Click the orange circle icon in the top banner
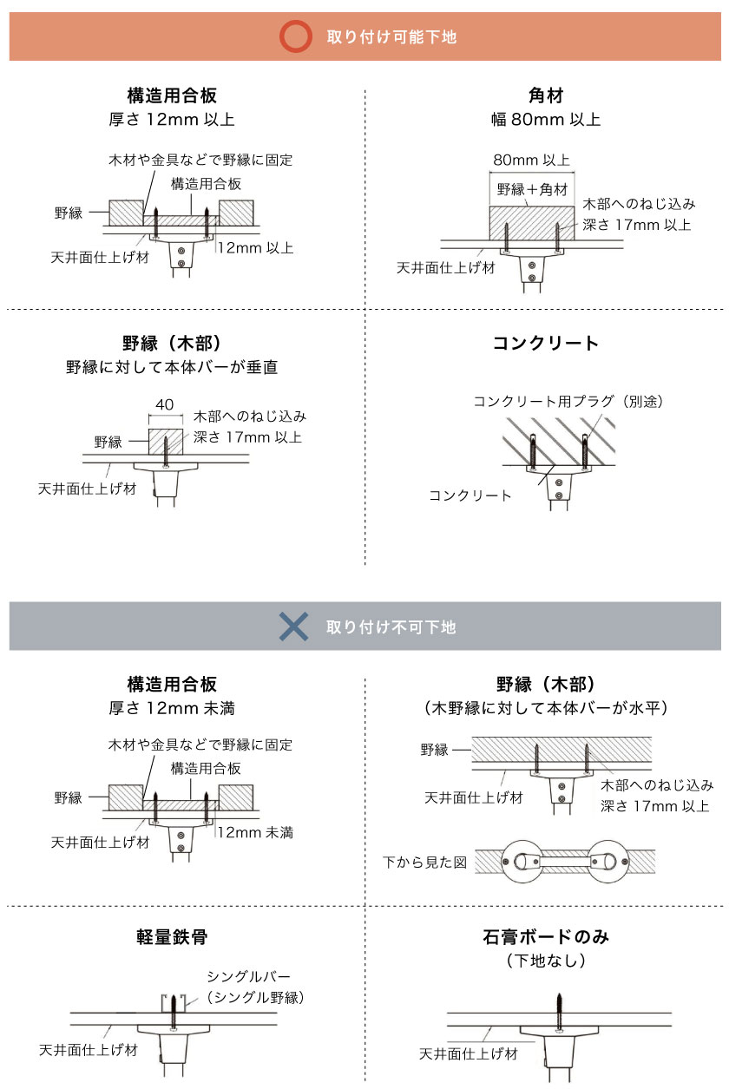tap(295, 36)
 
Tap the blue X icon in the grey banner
tap(293, 627)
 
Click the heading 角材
tap(546, 95)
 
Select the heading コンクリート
tap(546, 344)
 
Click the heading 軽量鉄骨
tap(172, 936)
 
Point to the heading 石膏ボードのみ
tap(546, 936)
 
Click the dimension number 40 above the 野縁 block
tap(164, 404)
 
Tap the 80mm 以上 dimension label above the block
tap(531, 160)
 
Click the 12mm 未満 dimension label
tap(255, 832)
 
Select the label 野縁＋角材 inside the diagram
tap(532, 189)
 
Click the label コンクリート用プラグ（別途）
tap(568, 401)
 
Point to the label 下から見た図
tap(424, 863)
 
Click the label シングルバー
tap(248, 976)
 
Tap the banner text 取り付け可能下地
tap(391, 37)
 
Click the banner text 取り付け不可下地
tap(391, 627)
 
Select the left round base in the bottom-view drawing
tap(523, 862)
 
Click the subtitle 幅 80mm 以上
tap(546, 119)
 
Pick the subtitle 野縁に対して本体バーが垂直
tap(172, 367)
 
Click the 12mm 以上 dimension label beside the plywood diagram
tap(255, 248)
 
